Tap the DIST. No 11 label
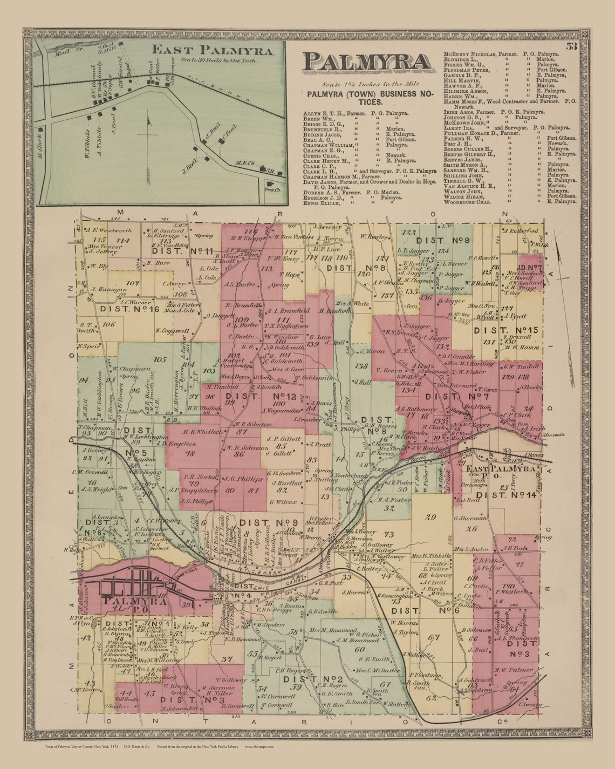176,250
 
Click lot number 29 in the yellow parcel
430,517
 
